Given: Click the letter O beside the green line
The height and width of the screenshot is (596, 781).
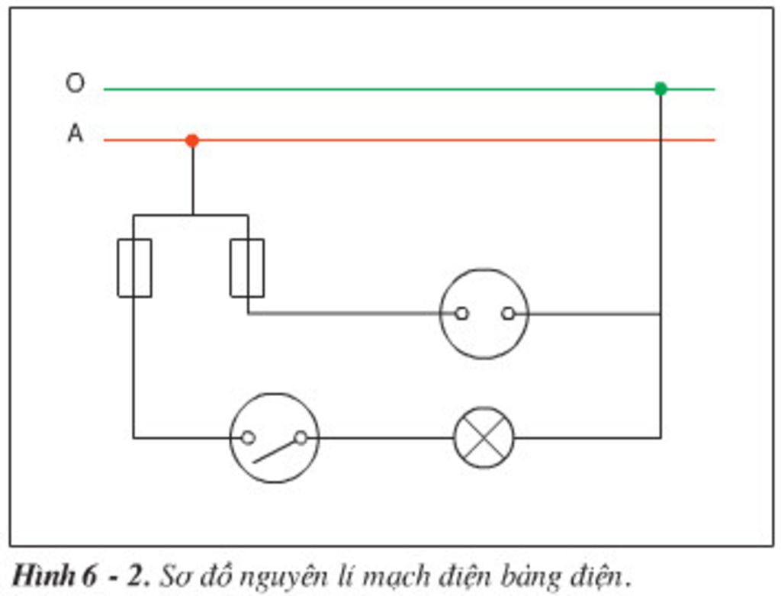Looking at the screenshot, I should click(75, 82).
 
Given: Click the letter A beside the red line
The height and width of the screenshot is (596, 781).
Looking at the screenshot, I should click(75, 134).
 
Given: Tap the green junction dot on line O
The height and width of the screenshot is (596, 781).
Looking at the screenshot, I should click(660, 89).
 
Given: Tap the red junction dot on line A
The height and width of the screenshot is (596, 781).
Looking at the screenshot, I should click(192, 140).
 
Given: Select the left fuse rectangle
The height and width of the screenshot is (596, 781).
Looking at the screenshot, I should click(134, 268).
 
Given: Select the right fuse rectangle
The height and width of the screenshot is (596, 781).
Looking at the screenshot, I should click(247, 268).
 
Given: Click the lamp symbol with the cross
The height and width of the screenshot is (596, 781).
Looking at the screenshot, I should click(484, 437).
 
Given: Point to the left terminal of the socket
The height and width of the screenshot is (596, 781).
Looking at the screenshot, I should click(461, 313).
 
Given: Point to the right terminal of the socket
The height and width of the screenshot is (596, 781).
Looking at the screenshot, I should click(508, 313).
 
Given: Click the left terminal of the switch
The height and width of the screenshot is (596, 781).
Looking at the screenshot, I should click(248, 437).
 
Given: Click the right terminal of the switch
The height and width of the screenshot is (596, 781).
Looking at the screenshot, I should click(301, 437).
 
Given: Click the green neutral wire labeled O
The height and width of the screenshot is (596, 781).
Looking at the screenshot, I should click(381, 89).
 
